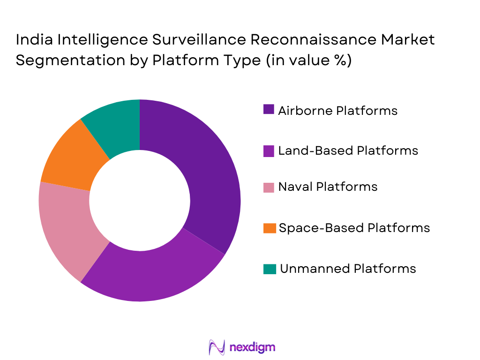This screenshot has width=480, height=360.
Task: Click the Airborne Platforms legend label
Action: pos(337,111)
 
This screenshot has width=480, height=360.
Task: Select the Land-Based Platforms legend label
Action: pos(348,150)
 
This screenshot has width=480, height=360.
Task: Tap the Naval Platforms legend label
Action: pos(328,187)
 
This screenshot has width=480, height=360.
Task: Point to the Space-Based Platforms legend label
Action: pos(354,228)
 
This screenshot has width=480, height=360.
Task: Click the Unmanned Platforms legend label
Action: pos(348,269)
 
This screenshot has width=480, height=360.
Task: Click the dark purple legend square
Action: pos(269,110)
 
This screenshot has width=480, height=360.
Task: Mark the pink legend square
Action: pos(269,187)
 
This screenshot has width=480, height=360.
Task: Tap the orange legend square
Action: pos(269,228)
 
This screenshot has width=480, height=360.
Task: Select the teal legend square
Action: pos(269,269)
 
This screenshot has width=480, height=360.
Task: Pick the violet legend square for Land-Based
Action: pos(269,150)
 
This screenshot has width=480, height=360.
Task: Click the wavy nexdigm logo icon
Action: pos(217,347)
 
